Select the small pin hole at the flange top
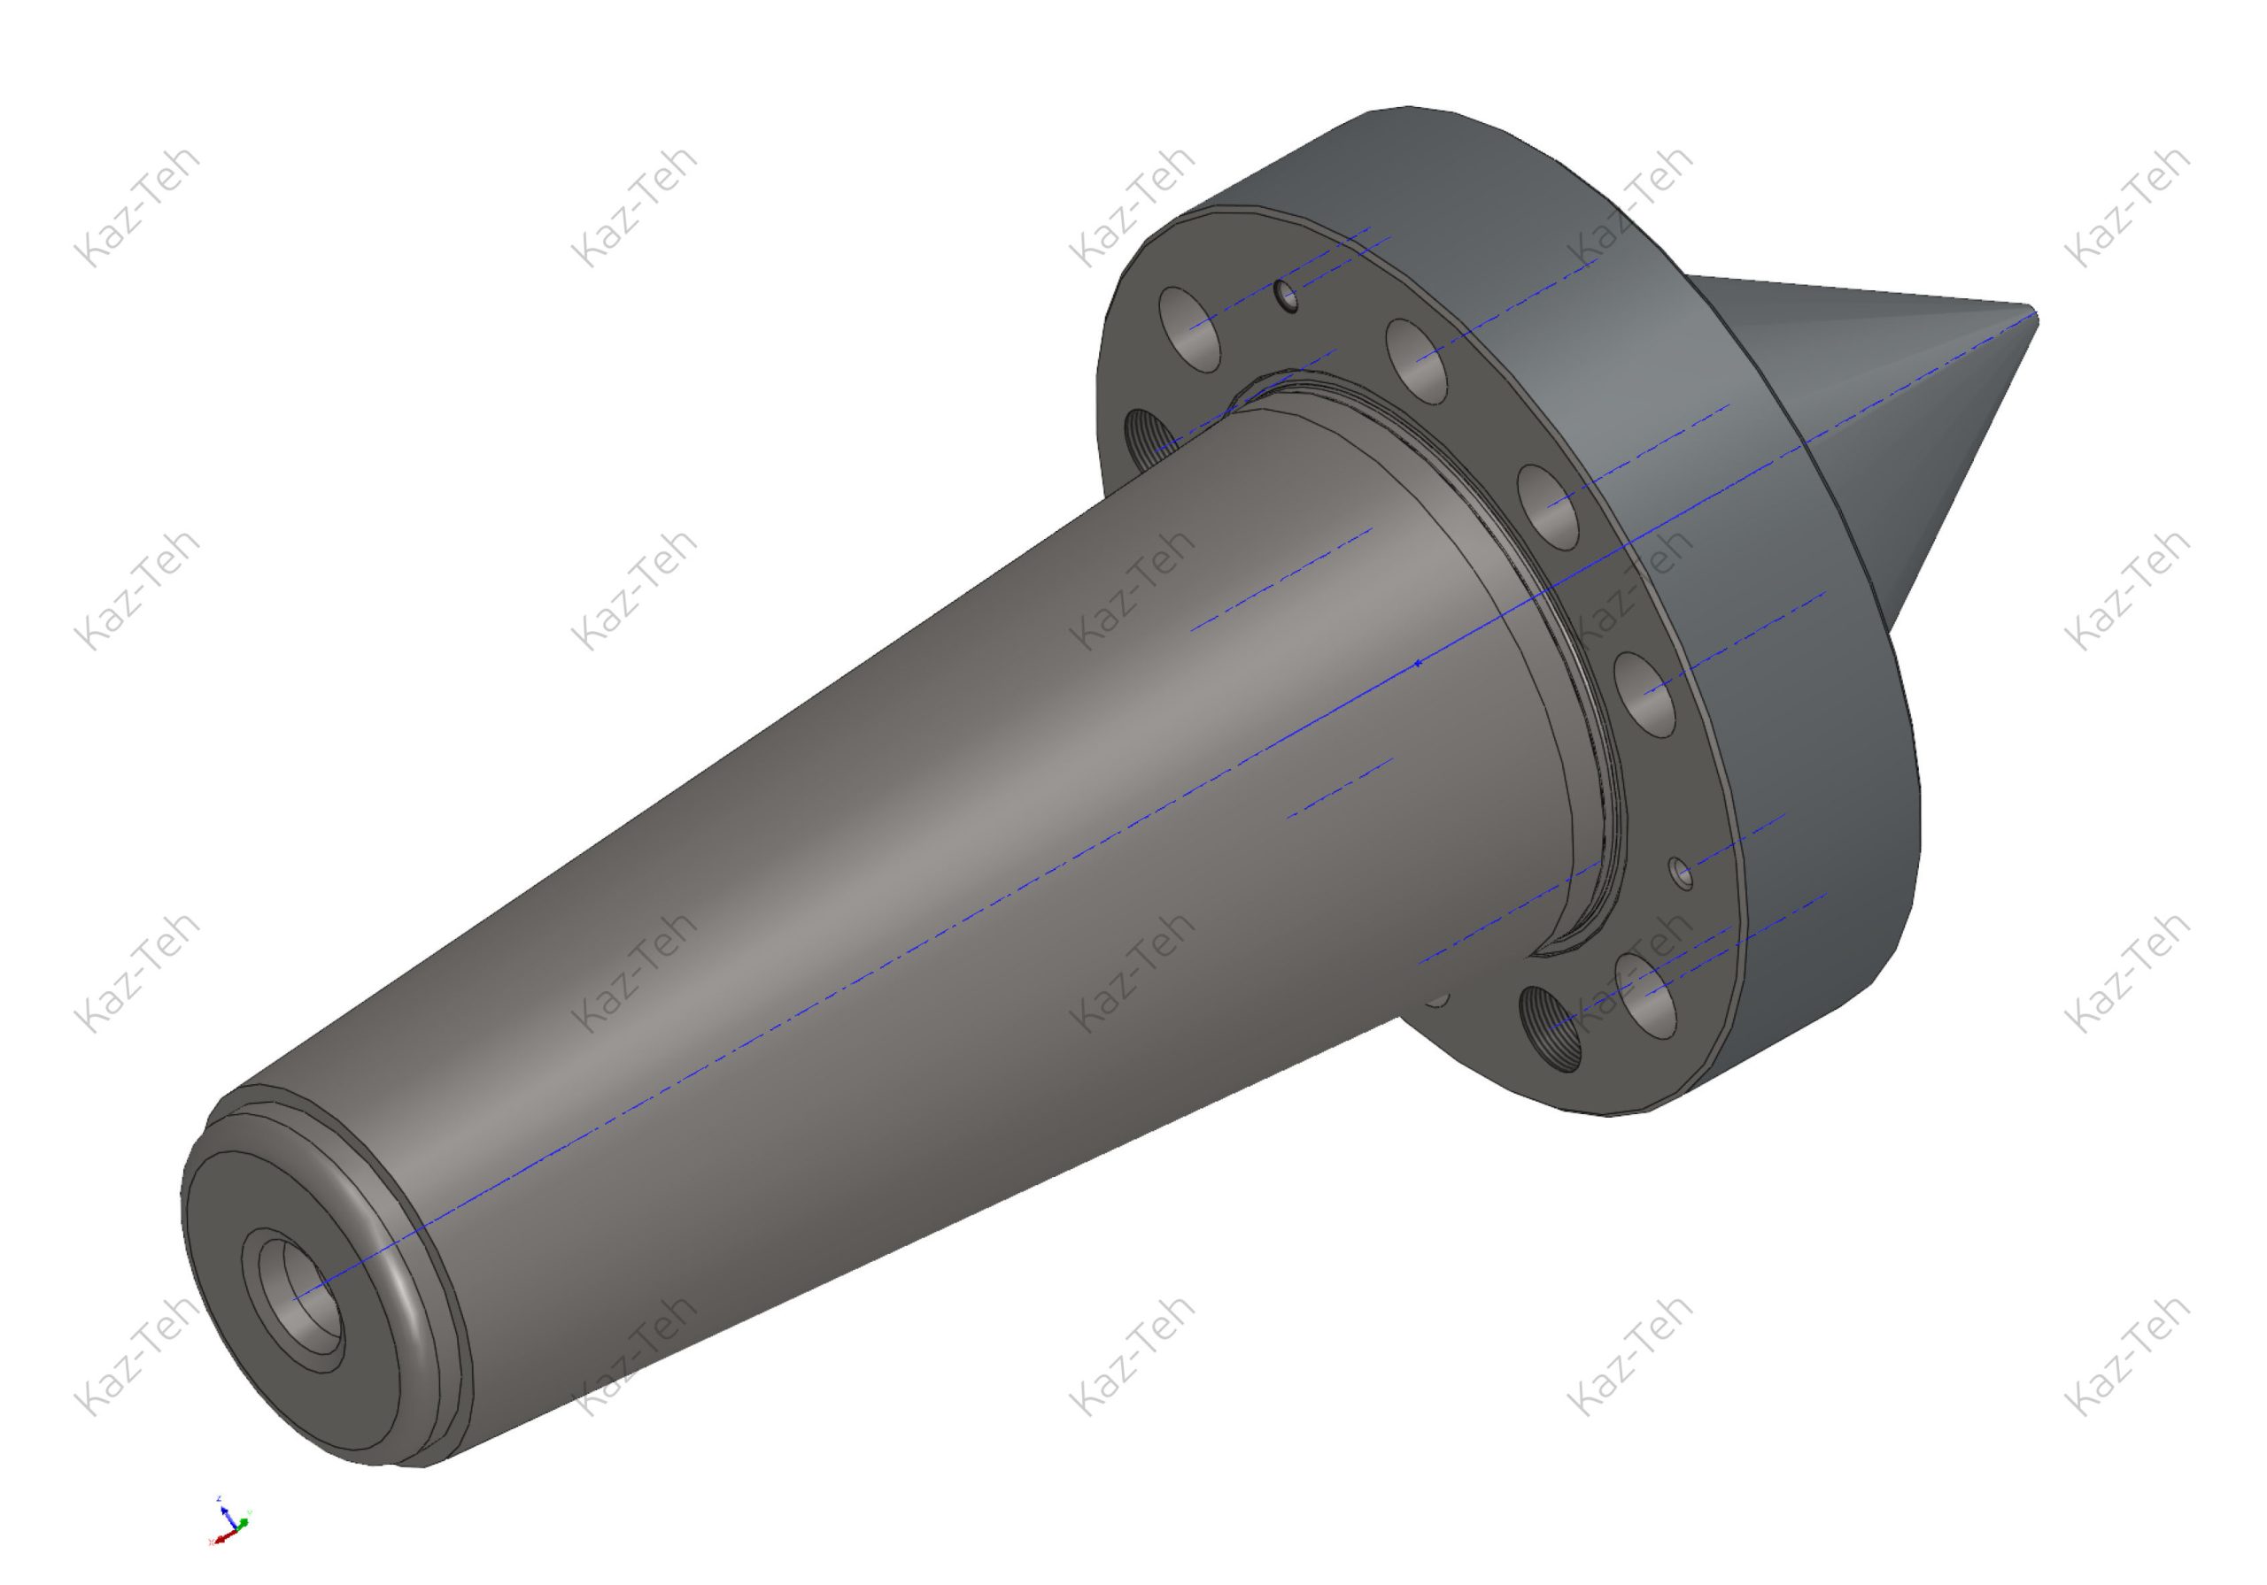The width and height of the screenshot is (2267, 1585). coord(1287,294)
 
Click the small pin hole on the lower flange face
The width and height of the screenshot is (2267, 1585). coord(1681,873)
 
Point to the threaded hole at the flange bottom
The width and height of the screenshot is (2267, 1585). coord(1549,1031)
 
